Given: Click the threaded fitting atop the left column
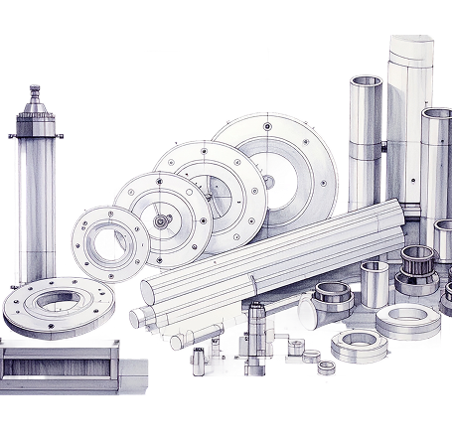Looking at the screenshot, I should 34,95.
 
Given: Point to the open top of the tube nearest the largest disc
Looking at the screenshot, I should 366,82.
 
